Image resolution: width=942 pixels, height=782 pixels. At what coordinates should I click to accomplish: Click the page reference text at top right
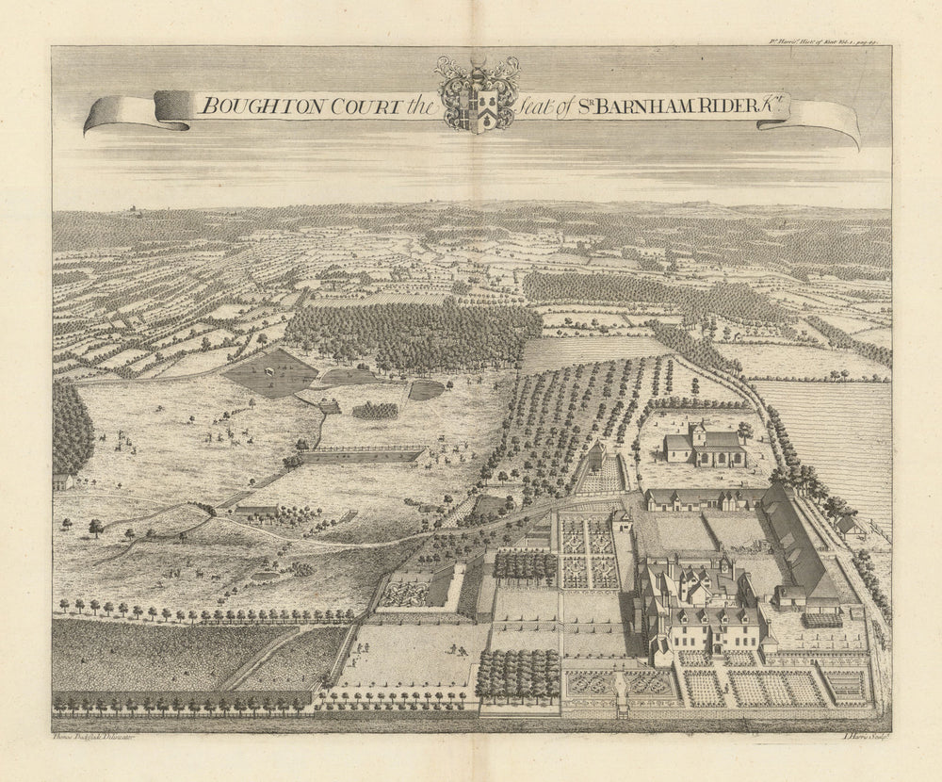[x=824, y=41]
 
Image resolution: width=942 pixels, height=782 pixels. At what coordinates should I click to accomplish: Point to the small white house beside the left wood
[x=62, y=481]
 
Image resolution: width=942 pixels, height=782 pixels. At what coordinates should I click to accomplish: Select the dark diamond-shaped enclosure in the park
[x=270, y=374]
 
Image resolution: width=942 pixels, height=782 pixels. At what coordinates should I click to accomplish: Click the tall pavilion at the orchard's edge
[x=595, y=457]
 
